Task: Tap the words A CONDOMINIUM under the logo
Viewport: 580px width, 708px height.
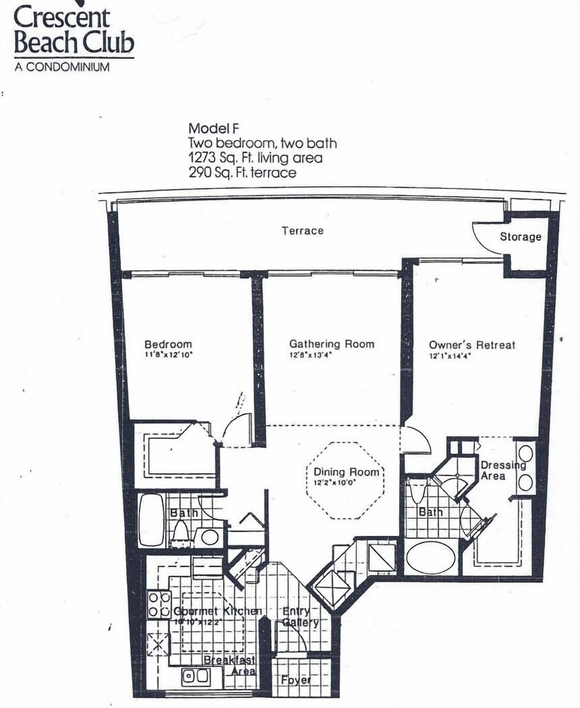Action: [62, 67]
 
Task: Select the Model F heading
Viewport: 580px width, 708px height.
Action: [214, 128]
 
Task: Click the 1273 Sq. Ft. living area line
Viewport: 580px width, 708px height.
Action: [255, 158]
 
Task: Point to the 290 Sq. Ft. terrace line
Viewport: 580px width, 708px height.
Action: [242, 173]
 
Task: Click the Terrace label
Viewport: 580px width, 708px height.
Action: [302, 231]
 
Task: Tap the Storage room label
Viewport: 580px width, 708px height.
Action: [520, 237]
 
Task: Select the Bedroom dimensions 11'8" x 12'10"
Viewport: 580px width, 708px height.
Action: [168, 356]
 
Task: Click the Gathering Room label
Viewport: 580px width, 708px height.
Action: [332, 344]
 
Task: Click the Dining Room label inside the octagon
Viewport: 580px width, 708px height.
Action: [347, 472]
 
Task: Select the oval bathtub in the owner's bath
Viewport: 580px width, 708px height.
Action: [430, 557]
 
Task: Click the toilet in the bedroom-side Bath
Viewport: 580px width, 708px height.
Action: [180, 532]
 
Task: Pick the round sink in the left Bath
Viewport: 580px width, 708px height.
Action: [210, 536]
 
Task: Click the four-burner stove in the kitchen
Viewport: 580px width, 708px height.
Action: [159, 605]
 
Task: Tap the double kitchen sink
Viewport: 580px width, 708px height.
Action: [196, 677]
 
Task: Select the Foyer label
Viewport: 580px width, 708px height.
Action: [296, 680]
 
